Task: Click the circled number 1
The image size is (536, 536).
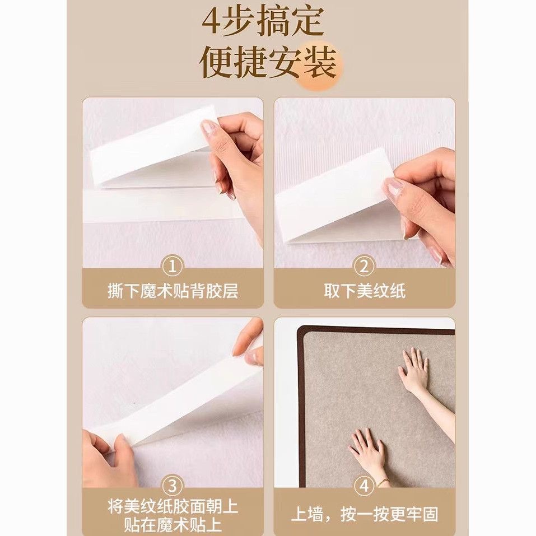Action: click(173, 266)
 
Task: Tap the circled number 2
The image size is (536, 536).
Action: click(364, 266)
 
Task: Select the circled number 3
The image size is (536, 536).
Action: click(173, 486)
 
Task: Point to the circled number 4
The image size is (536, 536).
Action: click(364, 486)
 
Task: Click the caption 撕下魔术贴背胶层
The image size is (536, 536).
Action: click(173, 291)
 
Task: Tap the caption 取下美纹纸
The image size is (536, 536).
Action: click(365, 291)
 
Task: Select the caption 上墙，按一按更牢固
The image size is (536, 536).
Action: click(365, 514)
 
